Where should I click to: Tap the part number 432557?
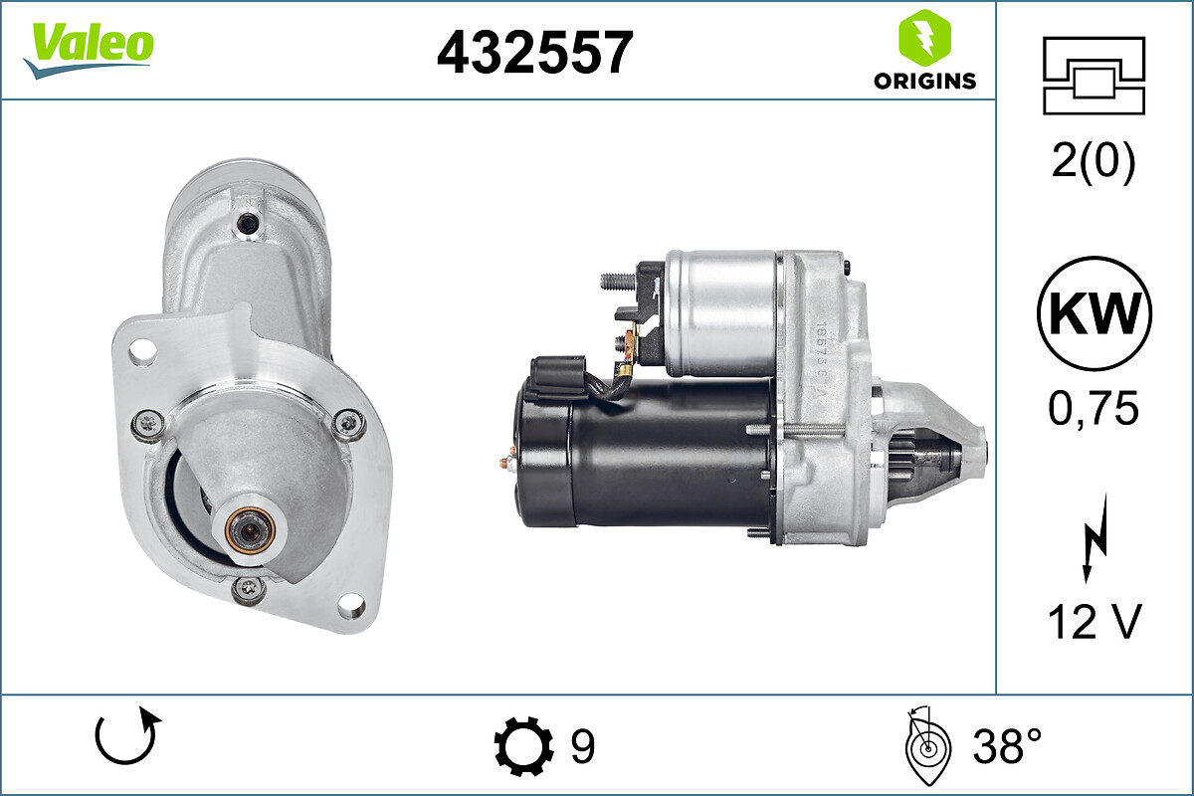point(534,53)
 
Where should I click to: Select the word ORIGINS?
point(924,81)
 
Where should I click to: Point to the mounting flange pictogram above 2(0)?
point(1094,76)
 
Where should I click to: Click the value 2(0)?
point(1094,161)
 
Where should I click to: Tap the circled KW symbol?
point(1094,313)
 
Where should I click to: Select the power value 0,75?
point(1094,408)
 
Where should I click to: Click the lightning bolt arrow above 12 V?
point(1096,538)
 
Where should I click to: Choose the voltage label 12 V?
point(1094,622)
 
